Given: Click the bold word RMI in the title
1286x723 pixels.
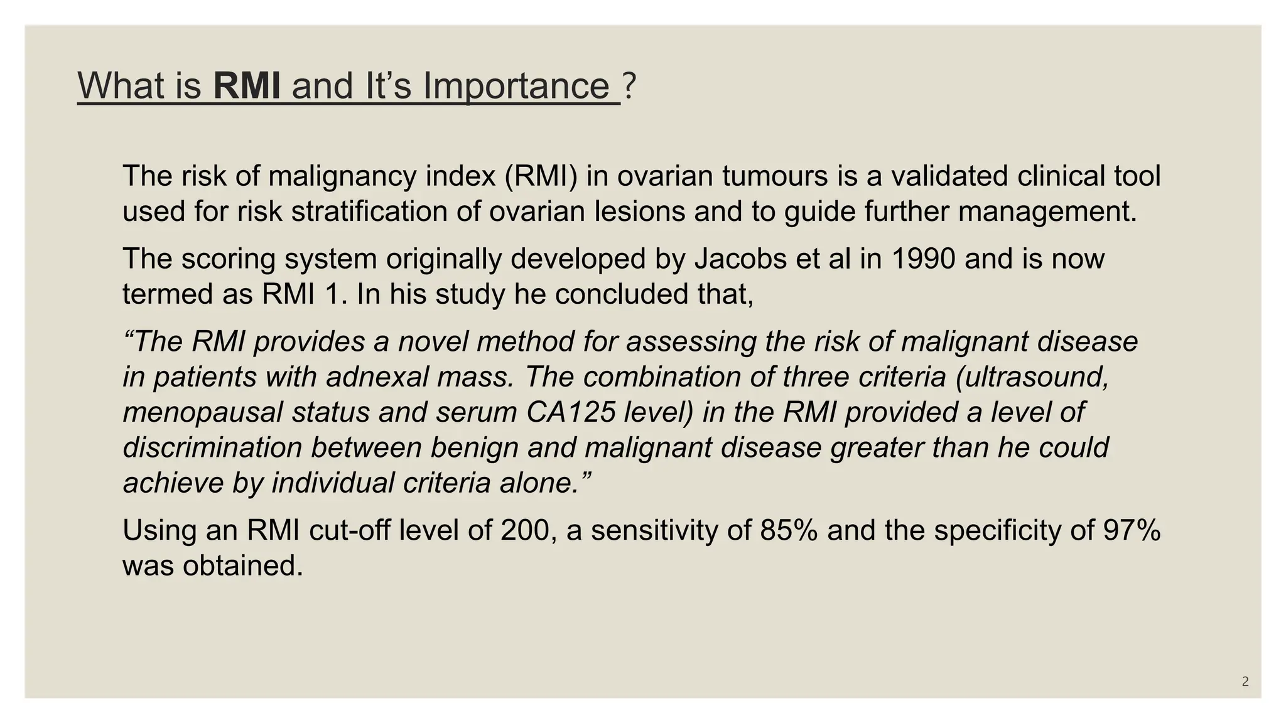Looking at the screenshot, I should click(x=247, y=85).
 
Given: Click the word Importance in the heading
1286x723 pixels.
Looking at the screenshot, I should click(x=516, y=85).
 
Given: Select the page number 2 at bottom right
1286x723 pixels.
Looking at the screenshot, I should click(x=1245, y=682).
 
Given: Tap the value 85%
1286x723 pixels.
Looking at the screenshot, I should click(x=789, y=530).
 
